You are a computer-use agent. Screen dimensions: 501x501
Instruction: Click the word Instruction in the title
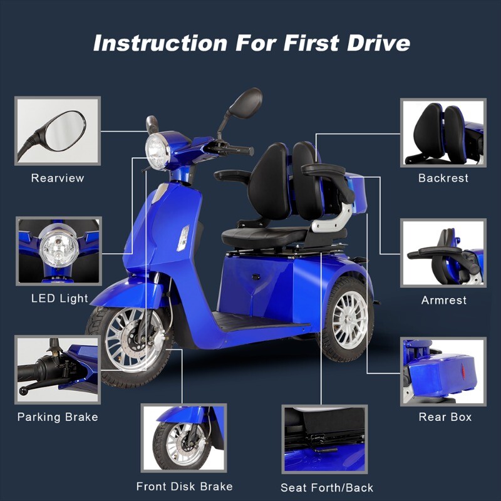pyautogui.click(x=160, y=43)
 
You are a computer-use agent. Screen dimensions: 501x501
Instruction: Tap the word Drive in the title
pyautogui.click(x=378, y=43)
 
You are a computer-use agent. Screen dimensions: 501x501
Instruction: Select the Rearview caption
pyautogui.click(x=58, y=178)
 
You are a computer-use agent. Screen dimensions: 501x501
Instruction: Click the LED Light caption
pyautogui.click(x=59, y=299)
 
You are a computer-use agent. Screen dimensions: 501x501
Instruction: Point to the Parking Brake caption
pyautogui.click(x=58, y=417)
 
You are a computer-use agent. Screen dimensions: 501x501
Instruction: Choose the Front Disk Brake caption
pyautogui.click(x=184, y=487)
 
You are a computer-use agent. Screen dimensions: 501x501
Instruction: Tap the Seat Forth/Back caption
pyautogui.click(x=327, y=488)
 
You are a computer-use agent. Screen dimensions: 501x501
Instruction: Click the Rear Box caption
pyautogui.click(x=445, y=417)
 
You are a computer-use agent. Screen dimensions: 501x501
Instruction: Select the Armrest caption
pyautogui.click(x=444, y=300)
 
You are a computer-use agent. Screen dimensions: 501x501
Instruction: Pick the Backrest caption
pyautogui.click(x=443, y=178)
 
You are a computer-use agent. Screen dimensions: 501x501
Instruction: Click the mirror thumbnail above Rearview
pyautogui.click(x=58, y=131)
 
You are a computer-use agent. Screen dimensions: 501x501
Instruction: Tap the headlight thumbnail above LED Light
pyautogui.click(x=59, y=251)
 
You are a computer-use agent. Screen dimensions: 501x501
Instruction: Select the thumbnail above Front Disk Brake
pyautogui.click(x=183, y=438)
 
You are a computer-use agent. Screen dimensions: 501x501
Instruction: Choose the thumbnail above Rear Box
pyautogui.click(x=443, y=371)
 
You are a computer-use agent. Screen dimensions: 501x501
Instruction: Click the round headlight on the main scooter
pyautogui.click(x=158, y=152)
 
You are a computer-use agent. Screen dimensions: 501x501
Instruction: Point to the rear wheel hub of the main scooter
pyautogui.click(x=350, y=319)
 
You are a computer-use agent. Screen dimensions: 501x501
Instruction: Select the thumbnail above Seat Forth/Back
pyautogui.click(x=324, y=439)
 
